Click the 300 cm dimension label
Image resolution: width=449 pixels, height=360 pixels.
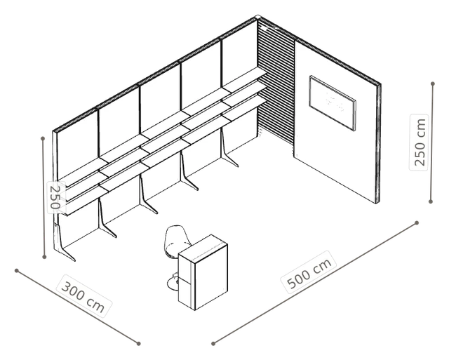tap(83, 295)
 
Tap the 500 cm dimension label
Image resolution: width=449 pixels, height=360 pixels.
tap(310, 272)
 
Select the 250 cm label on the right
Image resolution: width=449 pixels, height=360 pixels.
tap(420, 142)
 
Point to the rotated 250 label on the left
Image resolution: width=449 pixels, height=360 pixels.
tap(54, 197)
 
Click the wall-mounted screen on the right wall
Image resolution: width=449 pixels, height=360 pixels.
tap(333, 103)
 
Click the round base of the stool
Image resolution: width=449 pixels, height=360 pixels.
tap(173, 284)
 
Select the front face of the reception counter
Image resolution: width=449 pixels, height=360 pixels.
tap(211, 277)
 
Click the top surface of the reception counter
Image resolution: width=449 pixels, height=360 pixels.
tap(203, 248)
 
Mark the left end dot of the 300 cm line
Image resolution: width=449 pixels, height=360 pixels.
tap(17, 271)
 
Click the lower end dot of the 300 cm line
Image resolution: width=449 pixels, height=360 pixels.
tap(139, 343)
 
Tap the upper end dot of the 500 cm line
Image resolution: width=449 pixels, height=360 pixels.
tap(417, 223)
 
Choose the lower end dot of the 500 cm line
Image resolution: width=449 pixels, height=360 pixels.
tap(213, 343)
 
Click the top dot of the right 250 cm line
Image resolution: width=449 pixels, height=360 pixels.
tap(433, 84)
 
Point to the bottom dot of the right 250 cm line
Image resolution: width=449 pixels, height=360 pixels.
tap(431, 201)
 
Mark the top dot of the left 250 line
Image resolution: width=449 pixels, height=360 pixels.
tap(43, 139)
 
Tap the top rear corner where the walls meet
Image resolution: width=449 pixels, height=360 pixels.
tap(257, 17)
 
